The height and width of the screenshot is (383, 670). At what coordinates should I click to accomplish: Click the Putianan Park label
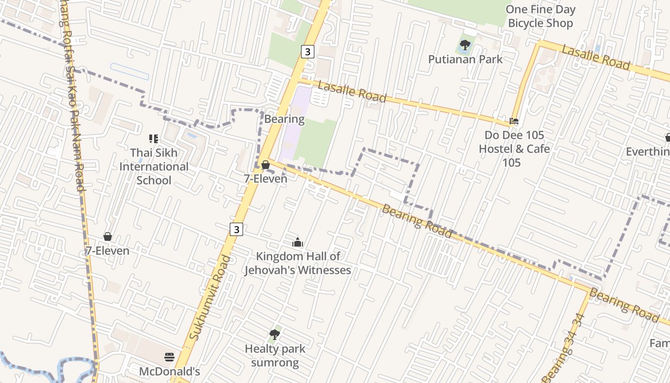click(465, 59)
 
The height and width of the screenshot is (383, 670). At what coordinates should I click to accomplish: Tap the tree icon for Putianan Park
click(465, 45)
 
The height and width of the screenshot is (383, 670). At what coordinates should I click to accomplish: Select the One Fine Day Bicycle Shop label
click(540, 16)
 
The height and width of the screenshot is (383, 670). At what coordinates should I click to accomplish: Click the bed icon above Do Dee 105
click(514, 121)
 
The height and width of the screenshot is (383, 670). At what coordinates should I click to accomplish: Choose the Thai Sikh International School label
click(154, 167)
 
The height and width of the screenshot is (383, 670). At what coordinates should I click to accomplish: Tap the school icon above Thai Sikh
click(154, 139)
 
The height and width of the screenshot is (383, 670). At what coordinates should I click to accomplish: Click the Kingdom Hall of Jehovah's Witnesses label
click(298, 263)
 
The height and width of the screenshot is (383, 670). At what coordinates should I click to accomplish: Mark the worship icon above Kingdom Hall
click(298, 242)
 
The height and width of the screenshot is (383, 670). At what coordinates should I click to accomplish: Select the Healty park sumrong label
click(275, 355)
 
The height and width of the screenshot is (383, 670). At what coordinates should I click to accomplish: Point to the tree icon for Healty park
click(275, 334)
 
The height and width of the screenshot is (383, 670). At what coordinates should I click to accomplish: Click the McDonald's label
click(169, 372)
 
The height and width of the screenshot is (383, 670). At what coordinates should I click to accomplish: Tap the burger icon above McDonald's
click(169, 357)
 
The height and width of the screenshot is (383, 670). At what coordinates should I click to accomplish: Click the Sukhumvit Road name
click(210, 298)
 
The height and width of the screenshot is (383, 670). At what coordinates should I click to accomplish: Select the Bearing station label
click(284, 119)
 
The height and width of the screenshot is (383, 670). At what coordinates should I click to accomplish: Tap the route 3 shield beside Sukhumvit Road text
click(236, 229)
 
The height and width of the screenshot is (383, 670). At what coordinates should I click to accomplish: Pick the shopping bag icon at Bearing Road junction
click(266, 165)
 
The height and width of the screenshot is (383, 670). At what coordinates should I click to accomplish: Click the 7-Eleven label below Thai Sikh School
click(107, 251)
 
